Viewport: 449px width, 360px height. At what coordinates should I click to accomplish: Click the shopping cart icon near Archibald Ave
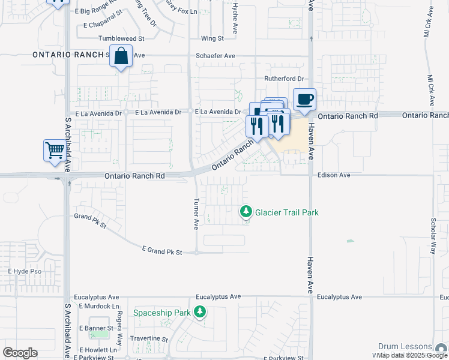pyautogui.click(x=55, y=150)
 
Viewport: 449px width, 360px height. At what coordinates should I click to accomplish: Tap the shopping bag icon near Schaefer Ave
pyautogui.click(x=121, y=56)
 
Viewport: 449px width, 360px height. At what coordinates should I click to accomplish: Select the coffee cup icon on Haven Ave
pyautogui.click(x=304, y=99)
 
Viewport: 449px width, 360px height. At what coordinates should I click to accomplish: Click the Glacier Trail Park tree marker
pyautogui.click(x=246, y=212)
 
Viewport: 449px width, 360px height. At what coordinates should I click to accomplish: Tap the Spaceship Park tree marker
pyautogui.click(x=200, y=312)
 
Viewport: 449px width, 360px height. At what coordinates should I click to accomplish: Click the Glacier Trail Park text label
pyautogui.click(x=287, y=212)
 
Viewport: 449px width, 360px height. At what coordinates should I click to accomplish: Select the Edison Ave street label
pyautogui.click(x=334, y=175)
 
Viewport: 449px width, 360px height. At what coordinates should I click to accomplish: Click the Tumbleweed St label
pyautogui.click(x=122, y=38)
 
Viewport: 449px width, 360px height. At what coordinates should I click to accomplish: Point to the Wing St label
pyautogui.click(x=212, y=38)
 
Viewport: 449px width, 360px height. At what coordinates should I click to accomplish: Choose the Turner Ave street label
pyautogui.click(x=196, y=214)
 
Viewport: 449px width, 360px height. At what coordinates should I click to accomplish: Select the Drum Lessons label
pyautogui.click(x=405, y=347)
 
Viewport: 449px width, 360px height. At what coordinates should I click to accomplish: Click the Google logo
pyautogui.click(x=20, y=353)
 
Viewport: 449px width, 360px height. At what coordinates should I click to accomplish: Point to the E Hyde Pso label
pyautogui.click(x=25, y=271)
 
